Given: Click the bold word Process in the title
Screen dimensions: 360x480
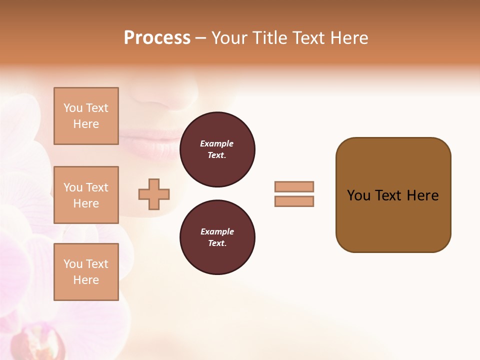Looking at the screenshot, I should [157, 38].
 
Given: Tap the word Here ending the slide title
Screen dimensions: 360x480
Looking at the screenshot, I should [348, 38].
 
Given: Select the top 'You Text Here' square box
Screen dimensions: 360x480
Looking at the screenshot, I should [86, 116].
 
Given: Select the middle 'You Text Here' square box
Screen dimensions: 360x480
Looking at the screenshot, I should [86, 195].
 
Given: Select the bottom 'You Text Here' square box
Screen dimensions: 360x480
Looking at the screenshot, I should [86, 271].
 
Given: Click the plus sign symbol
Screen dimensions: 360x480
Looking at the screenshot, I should [154, 194].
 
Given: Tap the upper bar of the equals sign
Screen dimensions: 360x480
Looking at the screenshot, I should [294, 186].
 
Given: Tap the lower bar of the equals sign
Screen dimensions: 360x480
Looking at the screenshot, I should [294, 201].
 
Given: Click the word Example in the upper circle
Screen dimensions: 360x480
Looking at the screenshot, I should [217, 143].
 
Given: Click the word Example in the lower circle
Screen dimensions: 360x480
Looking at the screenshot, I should [217, 231].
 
